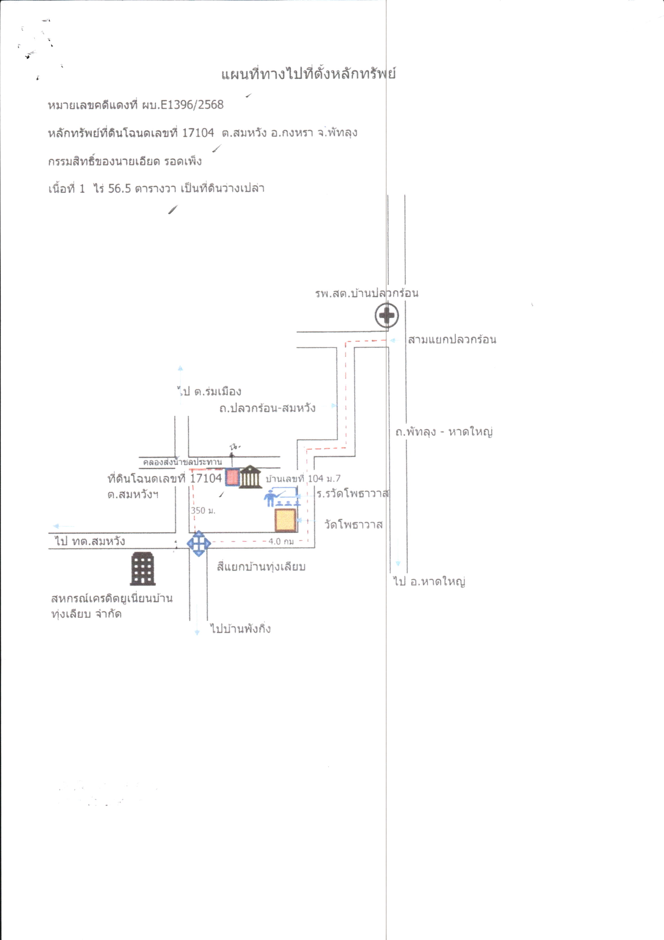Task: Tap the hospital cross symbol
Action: pyautogui.click(x=387, y=315)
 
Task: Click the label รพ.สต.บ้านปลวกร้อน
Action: pyautogui.click(x=367, y=293)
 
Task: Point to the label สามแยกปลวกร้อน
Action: pyautogui.click(x=452, y=339)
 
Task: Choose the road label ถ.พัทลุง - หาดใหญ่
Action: pyautogui.click(x=444, y=432)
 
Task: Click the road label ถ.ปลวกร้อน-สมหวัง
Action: pyautogui.click(x=267, y=408)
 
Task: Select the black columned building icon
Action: pyautogui.click(x=250, y=477)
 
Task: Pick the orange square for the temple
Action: pyautogui.click(x=285, y=520)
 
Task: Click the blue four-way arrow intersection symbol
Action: pyautogui.click(x=199, y=543)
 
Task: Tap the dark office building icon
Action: pyautogui.click(x=143, y=569)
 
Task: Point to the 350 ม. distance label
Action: pyautogui.click(x=203, y=511)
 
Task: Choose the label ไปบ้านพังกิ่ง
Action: pyautogui.click(x=241, y=629)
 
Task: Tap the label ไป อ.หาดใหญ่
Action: pyautogui.click(x=429, y=581)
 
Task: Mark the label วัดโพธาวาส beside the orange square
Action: pyautogui.click(x=354, y=525)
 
